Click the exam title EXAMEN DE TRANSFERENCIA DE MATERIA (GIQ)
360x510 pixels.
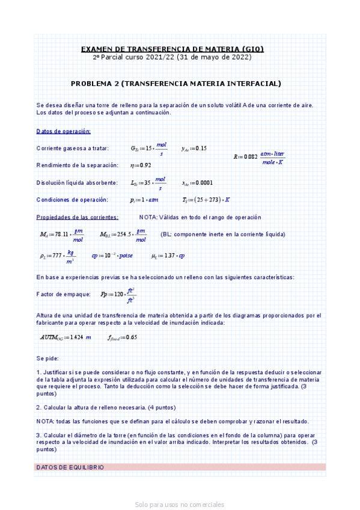[x=172, y=49]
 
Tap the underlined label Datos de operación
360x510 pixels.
[x=64, y=131]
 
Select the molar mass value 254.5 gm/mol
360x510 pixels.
[x=123, y=235]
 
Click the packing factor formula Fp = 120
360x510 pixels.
[x=118, y=295]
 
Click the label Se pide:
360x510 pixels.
[x=47, y=358]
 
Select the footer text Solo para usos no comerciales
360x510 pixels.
[x=180, y=505]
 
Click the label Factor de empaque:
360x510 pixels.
[x=64, y=294]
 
